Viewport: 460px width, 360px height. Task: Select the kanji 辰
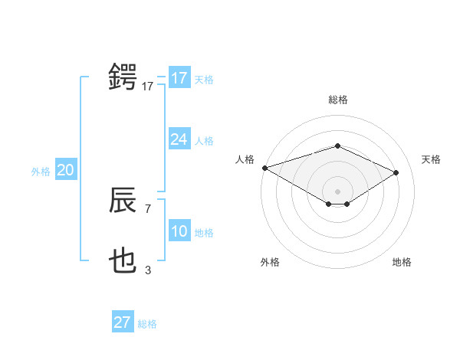tap(123, 201)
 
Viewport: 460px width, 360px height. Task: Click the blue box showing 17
tap(179, 78)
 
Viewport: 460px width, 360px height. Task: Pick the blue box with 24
tap(179, 139)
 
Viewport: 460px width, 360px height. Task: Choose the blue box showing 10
tap(179, 231)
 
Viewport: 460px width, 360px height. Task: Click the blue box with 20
tap(65, 171)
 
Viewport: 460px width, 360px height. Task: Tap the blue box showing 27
tap(122, 322)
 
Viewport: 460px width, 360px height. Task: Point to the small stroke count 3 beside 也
tap(148, 270)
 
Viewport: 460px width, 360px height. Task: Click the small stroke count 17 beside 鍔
tap(147, 87)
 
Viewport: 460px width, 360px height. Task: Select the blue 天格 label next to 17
tap(204, 79)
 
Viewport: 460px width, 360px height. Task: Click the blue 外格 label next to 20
tap(41, 172)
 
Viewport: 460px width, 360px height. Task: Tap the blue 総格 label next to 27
tap(147, 324)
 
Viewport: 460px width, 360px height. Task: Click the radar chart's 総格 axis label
tap(337, 100)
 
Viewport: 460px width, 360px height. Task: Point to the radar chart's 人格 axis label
tap(245, 159)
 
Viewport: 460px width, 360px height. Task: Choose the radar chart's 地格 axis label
tap(402, 262)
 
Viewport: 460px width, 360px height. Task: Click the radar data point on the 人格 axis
tap(264, 168)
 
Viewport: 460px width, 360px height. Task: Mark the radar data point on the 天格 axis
tap(396, 172)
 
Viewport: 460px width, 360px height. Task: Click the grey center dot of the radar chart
tap(337, 190)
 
